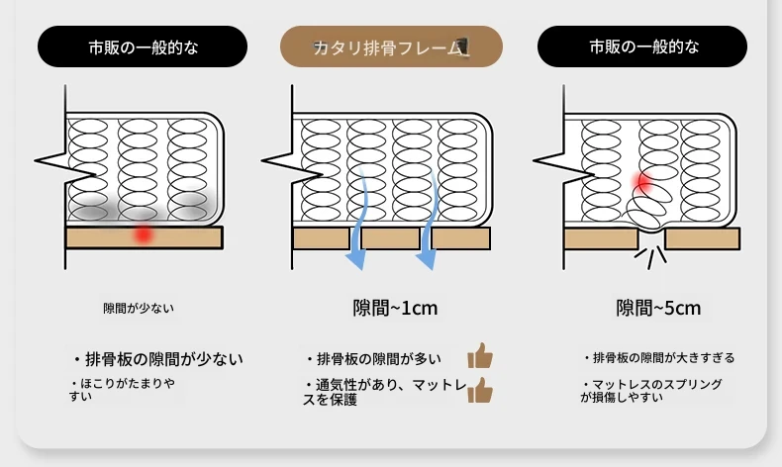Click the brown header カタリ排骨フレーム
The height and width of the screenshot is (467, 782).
[391, 47]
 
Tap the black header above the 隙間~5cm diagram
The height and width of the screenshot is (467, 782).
[642, 47]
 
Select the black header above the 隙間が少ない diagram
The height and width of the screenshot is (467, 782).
[143, 47]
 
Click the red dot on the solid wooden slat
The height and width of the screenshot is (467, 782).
[144, 233]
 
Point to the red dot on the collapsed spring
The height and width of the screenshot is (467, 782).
[642, 182]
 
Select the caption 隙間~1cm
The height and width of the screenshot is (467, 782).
[395, 308]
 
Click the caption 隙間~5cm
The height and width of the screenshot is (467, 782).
[658, 308]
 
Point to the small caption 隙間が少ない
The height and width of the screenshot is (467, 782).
[139, 309]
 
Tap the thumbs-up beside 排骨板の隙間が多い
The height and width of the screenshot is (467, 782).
[480, 355]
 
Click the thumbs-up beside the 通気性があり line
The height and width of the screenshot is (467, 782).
[480, 390]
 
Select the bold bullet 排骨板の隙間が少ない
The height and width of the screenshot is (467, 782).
[158, 359]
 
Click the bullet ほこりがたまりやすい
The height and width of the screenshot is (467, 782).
[122, 390]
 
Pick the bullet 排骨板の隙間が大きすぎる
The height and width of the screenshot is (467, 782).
[659, 358]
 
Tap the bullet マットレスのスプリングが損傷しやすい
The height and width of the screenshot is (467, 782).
[651, 391]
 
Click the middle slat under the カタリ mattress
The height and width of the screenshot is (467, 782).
[390, 238]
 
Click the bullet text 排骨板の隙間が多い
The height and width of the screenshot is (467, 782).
[373, 359]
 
